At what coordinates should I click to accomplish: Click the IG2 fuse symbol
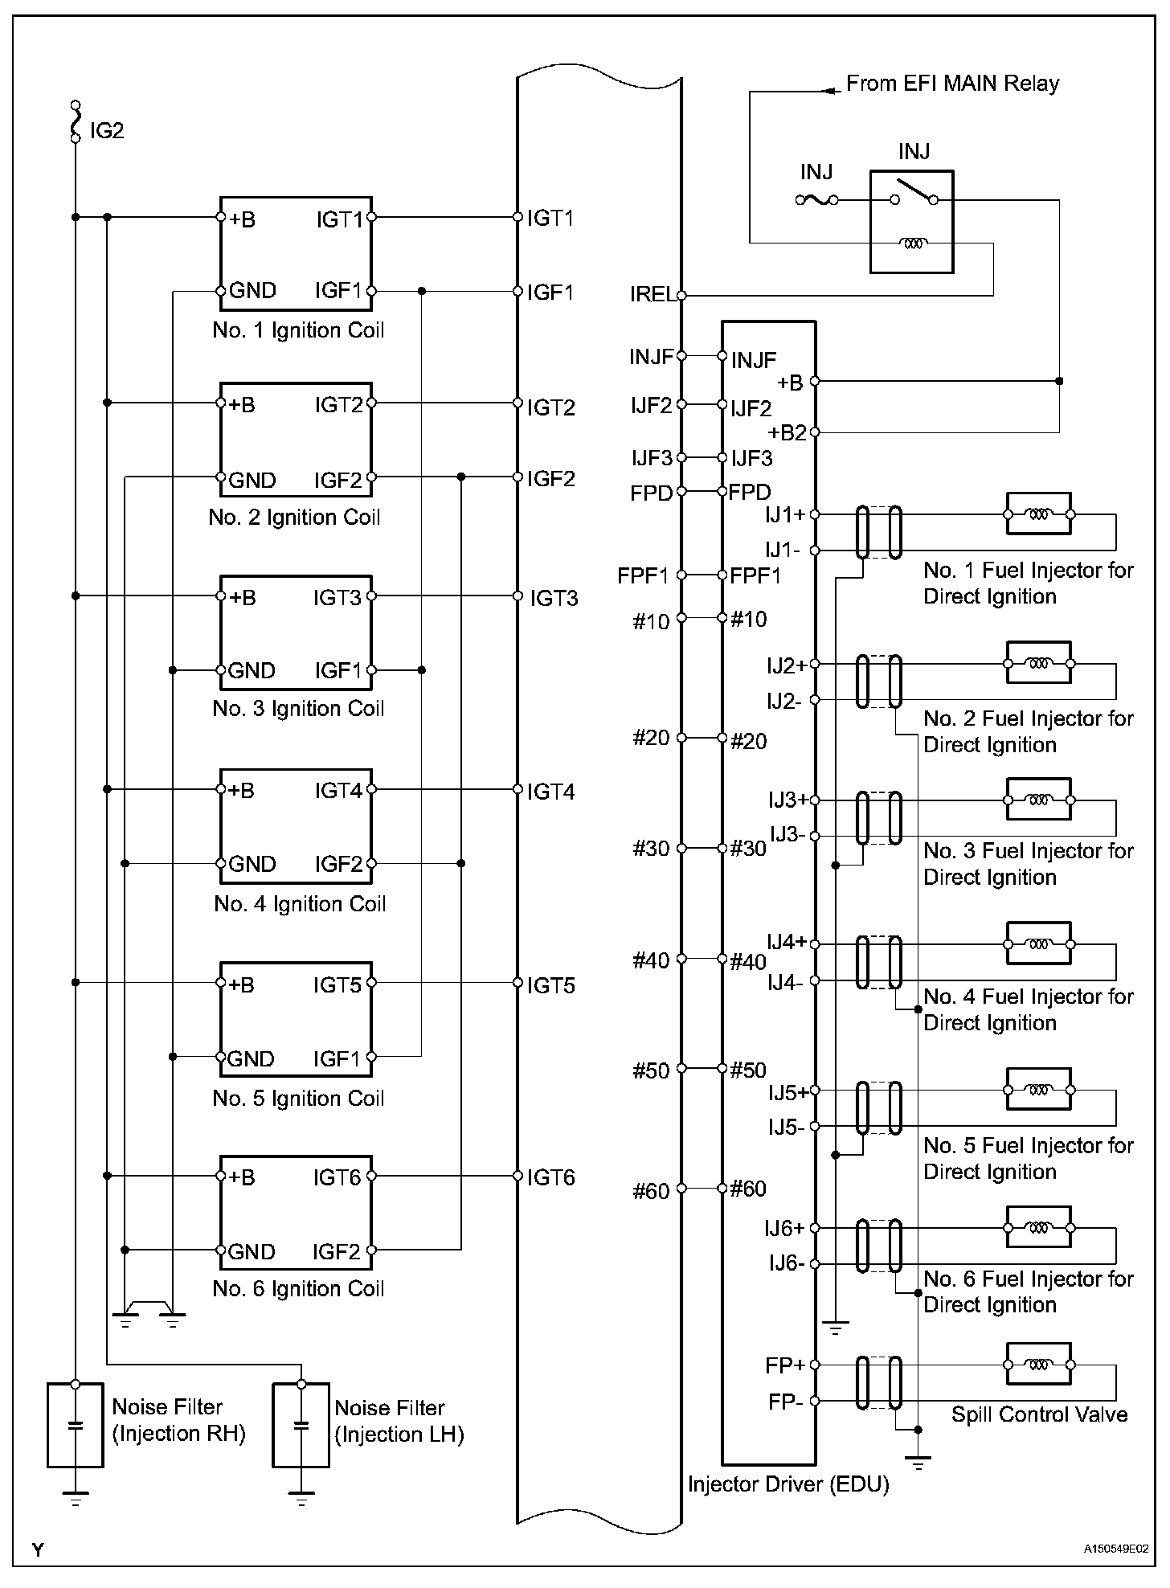click(76, 121)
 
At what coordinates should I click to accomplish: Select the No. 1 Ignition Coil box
click(296, 253)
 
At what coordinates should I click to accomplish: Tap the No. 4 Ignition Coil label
click(300, 904)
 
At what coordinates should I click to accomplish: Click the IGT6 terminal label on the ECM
click(551, 1178)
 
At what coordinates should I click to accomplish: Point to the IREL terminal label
click(652, 294)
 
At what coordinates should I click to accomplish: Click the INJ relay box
click(912, 221)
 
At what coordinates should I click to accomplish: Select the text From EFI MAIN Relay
click(952, 84)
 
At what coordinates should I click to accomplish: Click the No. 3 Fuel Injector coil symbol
click(1038, 800)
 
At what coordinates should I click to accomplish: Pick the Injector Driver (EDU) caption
click(788, 1484)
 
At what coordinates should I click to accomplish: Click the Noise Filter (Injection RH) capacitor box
click(76, 1425)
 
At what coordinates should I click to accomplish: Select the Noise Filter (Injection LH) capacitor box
click(301, 1425)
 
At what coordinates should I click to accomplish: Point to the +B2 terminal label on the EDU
click(787, 433)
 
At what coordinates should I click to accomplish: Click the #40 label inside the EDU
click(748, 962)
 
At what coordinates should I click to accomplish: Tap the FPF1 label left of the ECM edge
click(643, 575)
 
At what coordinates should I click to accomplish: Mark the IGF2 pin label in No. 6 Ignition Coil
click(337, 1251)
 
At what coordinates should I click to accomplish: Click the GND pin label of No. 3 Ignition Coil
click(252, 670)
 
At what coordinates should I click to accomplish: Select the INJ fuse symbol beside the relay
click(816, 199)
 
